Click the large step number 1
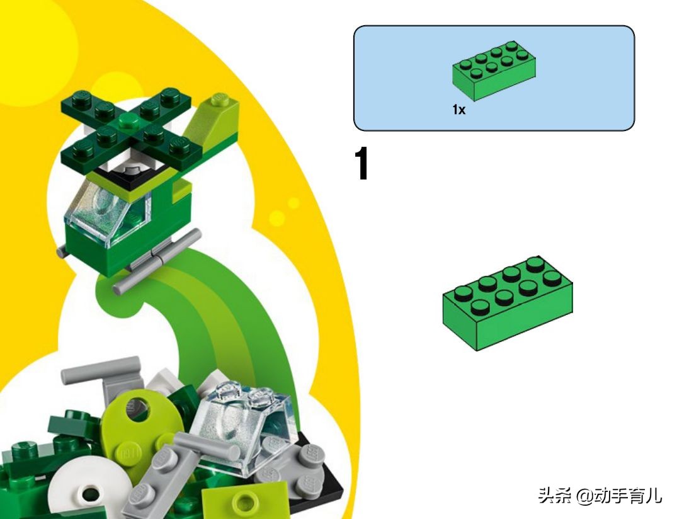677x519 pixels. coord(362,166)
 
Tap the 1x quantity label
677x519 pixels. coord(458,110)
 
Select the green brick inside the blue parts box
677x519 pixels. coord(494,71)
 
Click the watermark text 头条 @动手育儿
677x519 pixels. coord(600,496)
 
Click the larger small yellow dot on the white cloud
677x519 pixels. coord(276,218)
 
